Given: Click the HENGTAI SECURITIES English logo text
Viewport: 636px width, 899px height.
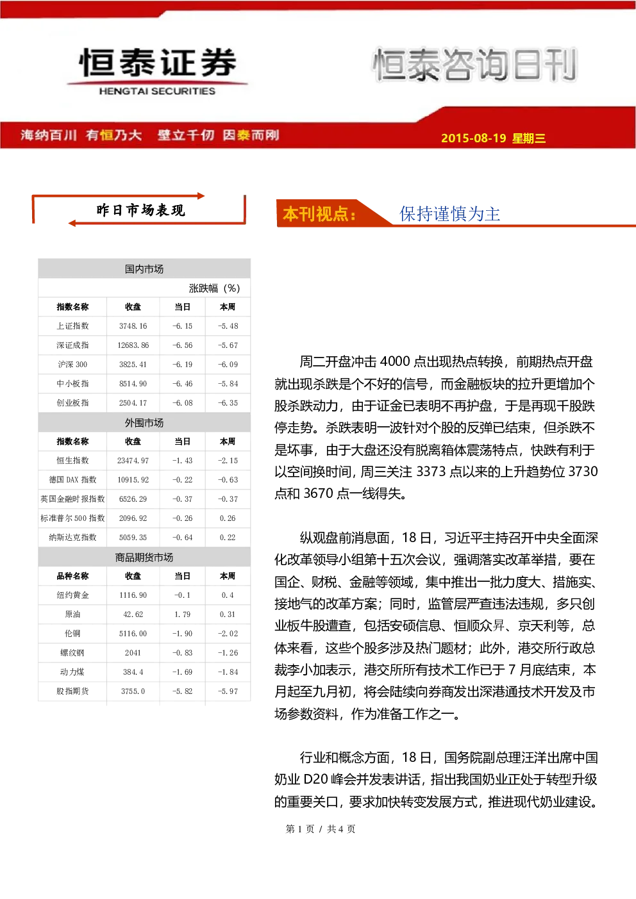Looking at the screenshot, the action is (157, 91).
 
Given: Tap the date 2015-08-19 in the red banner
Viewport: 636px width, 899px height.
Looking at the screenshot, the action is (473, 138).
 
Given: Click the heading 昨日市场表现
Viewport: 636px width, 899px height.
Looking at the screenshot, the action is (140, 210).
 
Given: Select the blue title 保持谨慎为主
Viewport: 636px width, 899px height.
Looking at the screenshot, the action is (449, 213).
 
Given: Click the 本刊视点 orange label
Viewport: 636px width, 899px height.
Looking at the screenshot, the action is (319, 214).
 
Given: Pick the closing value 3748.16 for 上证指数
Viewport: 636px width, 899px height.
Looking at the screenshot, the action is (133, 326).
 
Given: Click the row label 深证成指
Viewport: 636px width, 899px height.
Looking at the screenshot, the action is (72, 345).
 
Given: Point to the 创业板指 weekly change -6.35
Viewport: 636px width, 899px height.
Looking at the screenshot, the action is (228, 402).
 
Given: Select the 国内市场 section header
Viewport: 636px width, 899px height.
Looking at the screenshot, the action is (144, 269).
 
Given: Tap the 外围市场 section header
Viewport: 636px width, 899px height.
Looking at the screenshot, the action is (144, 423).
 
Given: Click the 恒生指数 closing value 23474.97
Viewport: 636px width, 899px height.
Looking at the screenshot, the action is (133, 460).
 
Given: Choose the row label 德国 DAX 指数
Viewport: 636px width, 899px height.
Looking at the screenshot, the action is (72, 479).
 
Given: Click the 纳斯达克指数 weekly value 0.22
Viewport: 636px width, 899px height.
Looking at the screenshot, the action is (228, 538).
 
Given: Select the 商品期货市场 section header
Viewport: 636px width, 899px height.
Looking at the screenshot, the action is (144, 557).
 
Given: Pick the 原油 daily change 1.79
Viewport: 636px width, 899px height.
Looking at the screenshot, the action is (183, 614).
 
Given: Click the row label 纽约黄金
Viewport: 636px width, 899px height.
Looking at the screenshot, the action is (72, 595).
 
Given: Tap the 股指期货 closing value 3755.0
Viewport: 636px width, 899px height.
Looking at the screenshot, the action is (133, 691).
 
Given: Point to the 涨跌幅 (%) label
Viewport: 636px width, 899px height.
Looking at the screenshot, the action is (214, 288).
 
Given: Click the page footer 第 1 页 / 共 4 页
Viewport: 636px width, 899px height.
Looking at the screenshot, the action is (320, 829).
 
